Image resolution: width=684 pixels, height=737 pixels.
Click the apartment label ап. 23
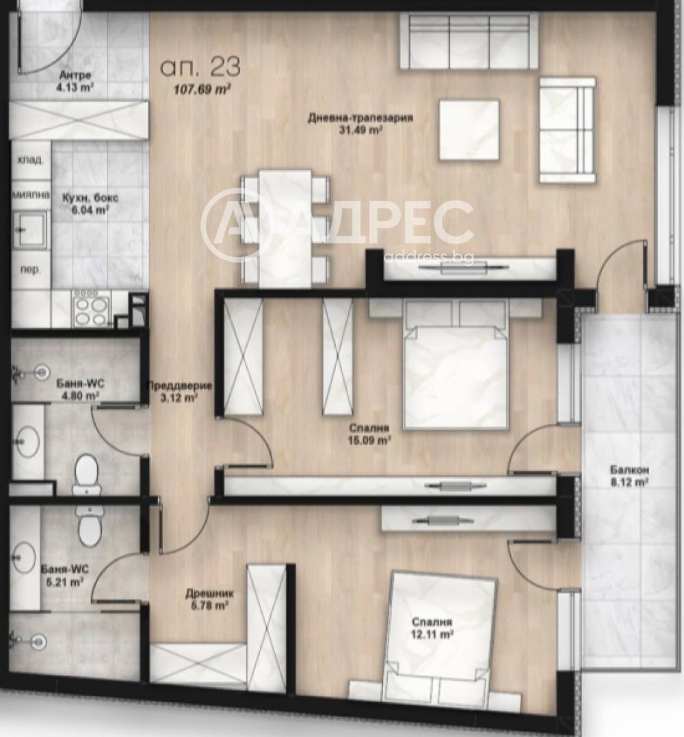pyautogui.click(x=200, y=67)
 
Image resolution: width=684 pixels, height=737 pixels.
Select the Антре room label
pyautogui.click(x=75, y=75)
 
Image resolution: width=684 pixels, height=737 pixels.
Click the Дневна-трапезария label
pyautogui.click(x=360, y=118)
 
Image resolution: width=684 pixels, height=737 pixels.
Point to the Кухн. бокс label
pyautogui.click(x=90, y=198)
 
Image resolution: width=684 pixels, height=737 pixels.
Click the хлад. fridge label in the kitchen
pyautogui.click(x=30, y=160)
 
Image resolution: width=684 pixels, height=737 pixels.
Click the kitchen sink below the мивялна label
pyautogui.click(x=31, y=229)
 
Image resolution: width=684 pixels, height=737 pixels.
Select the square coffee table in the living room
pyautogui.click(x=469, y=130)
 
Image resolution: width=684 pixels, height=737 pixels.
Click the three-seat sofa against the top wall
pyautogui.click(x=469, y=41)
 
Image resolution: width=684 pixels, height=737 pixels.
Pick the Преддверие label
pyautogui.click(x=180, y=386)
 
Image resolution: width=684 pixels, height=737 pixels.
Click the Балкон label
pyautogui.click(x=623, y=470)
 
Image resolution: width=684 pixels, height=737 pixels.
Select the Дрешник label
pyautogui.click(x=209, y=593)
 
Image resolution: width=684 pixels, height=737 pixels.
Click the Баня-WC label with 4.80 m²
pyautogui.click(x=81, y=384)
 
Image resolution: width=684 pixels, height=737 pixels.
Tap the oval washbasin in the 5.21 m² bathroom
pyautogui.click(x=25, y=558)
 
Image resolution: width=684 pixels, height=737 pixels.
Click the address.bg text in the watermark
pyautogui.click(x=428, y=256)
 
